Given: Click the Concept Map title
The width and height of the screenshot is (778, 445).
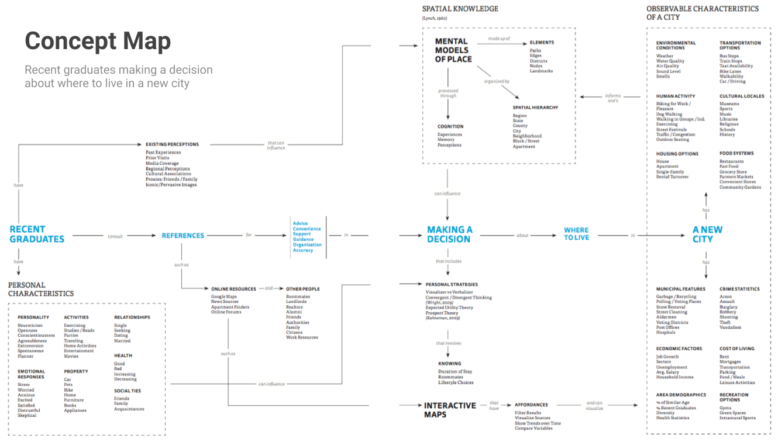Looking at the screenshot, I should click(98, 41).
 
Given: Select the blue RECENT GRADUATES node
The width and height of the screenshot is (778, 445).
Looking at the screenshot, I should click(37, 234).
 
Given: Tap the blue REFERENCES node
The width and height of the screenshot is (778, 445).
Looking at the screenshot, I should click(183, 236).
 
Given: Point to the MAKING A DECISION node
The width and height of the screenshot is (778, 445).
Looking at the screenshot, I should click(449, 234).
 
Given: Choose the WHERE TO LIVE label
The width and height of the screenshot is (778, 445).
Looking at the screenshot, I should click(576, 234).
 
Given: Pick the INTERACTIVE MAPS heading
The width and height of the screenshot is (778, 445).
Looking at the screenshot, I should click(450, 409).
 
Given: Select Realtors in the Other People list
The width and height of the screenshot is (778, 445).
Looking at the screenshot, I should click(294, 307).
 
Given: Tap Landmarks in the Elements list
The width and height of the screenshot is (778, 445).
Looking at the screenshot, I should click(541, 71).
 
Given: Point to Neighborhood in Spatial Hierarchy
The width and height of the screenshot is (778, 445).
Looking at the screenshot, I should click(527, 136).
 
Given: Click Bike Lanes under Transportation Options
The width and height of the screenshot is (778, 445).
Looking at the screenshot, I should click(730, 71).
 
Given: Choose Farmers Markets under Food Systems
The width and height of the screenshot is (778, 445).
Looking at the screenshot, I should click(736, 177).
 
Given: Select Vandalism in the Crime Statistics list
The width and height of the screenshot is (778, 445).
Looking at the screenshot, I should click(730, 327).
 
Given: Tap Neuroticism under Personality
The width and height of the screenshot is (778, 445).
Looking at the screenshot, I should click(30, 325).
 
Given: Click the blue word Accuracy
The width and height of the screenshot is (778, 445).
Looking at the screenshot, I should click(303, 250).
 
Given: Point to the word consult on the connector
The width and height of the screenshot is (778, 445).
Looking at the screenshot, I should click(115, 236).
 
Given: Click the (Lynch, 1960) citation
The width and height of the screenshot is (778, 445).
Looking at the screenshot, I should click(434, 19).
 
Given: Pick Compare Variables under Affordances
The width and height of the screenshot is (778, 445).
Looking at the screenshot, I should click(533, 428).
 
